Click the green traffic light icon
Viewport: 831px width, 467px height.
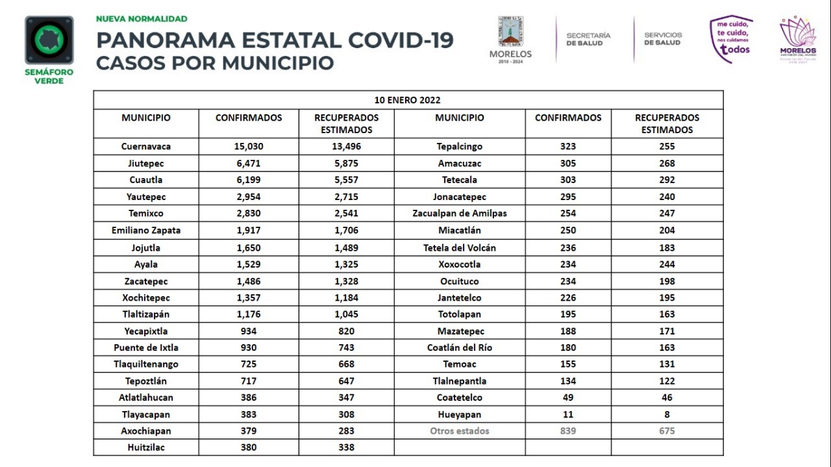49,40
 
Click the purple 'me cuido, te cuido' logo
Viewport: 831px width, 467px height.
732,39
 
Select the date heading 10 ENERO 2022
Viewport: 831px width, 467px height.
408,100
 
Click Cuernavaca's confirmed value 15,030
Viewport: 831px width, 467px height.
249,147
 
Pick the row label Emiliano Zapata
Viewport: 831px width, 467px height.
146,231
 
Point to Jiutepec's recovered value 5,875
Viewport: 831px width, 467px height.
346,164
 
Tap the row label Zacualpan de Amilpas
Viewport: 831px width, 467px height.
460,214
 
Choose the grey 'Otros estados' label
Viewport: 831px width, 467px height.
460,431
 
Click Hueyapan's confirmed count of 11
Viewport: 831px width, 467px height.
568,414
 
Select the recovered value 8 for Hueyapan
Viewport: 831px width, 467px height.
667,414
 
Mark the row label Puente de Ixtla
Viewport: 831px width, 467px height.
146,347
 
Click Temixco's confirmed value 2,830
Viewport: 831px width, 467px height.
249,214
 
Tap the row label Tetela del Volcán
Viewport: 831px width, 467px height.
460,247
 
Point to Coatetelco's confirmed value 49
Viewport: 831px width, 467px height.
568,398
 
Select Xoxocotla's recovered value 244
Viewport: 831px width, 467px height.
667,264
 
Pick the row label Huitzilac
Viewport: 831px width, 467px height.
146,448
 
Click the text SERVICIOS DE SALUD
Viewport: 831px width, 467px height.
663,39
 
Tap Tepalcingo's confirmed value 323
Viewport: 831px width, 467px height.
568,147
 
